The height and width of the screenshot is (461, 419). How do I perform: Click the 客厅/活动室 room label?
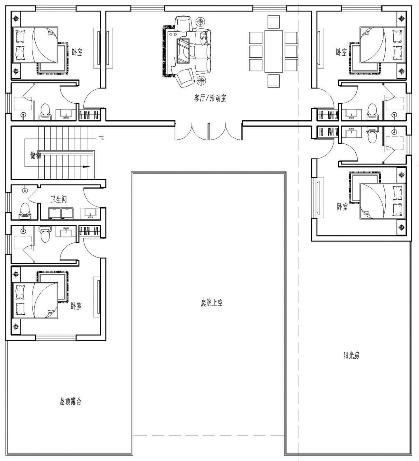(210, 98)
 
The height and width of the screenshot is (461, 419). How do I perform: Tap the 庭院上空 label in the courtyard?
(212, 303)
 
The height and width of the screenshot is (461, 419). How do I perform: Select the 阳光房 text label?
(351, 356)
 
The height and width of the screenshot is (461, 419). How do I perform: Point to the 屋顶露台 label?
(71, 401)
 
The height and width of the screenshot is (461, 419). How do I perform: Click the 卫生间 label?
(59, 199)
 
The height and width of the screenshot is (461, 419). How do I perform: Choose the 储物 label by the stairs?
(36, 156)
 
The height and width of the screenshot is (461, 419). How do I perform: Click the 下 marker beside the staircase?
(101, 139)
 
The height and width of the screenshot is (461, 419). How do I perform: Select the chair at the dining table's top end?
(274, 22)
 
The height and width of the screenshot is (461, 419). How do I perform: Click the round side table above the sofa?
(200, 21)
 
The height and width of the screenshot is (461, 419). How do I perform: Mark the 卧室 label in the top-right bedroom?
(342, 52)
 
